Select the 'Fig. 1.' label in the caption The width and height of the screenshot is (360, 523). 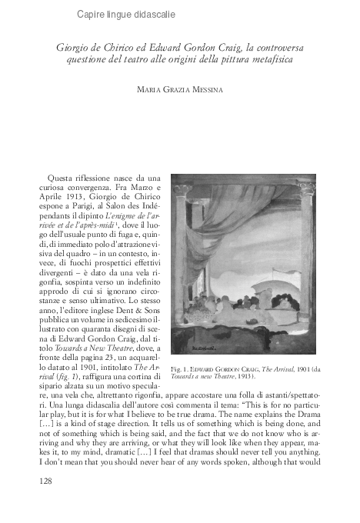(x=181, y=370)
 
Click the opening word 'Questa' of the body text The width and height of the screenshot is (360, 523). (x=62, y=178)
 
